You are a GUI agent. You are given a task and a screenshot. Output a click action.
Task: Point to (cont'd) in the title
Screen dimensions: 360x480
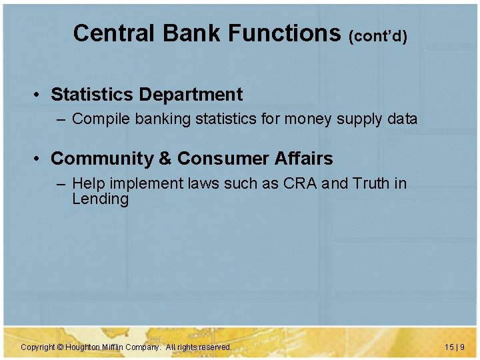[377, 36]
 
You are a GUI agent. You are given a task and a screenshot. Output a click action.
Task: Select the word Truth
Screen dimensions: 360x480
[368, 183]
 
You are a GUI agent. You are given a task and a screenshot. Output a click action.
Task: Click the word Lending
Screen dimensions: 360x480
[100, 199]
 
